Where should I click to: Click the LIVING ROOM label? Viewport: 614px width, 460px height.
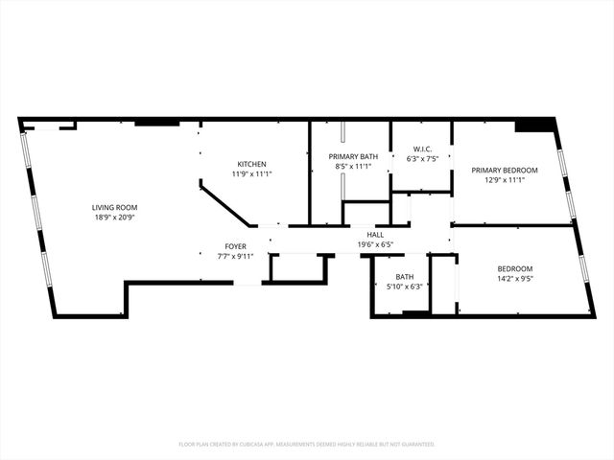pyautogui.click(x=114, y=208)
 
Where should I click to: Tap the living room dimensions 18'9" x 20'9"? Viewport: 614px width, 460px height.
pyautogui.click(x=114, y=218)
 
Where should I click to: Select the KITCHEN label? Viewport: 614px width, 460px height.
pyautogui.click(x=252, y=164)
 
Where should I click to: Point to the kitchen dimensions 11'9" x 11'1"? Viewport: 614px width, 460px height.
pyautogui.click(x=252, y=174)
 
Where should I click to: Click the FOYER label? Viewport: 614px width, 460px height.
pyautogui.click(x=236, y=246)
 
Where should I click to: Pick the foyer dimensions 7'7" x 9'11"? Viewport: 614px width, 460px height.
pyautogui.click(x=236, y=256)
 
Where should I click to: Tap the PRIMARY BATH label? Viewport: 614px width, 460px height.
pyautogui.click(x=350, y=156)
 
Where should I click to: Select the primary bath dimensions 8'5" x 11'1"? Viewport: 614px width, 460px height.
pyautogui.click(x=350, y=167)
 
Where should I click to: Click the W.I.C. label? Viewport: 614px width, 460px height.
pyautogui.click(x=422, y=149)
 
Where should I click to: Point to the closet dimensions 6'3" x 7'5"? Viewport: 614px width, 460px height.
pyautogui.click(x=422, y=159)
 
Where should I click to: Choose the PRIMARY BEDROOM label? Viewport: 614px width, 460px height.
pyautogui.click(x=504, y=170)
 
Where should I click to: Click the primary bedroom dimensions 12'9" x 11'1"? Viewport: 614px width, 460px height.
pyautogui.click(x=504, y=180)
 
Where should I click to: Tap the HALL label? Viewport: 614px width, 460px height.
pyautogui.click(x=376, y=235)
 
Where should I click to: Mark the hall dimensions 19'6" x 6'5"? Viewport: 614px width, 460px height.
pyautogui.click(x=376, y=244)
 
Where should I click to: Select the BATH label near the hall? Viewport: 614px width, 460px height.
pyautogui.click(x=404, y=277)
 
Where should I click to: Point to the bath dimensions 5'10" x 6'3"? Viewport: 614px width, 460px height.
pyautogui.click(x=404, y=287)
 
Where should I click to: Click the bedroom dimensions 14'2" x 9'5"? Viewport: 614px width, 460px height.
pyautogui.click(x=515, y=280)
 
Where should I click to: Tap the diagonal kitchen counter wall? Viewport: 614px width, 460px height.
pyautogui.click(x=226, y=206)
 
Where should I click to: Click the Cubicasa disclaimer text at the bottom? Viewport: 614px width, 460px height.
pyautogui.click(x=307, y=445)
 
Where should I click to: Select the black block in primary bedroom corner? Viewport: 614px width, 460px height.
pyautogui.click(x=534, y=126)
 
